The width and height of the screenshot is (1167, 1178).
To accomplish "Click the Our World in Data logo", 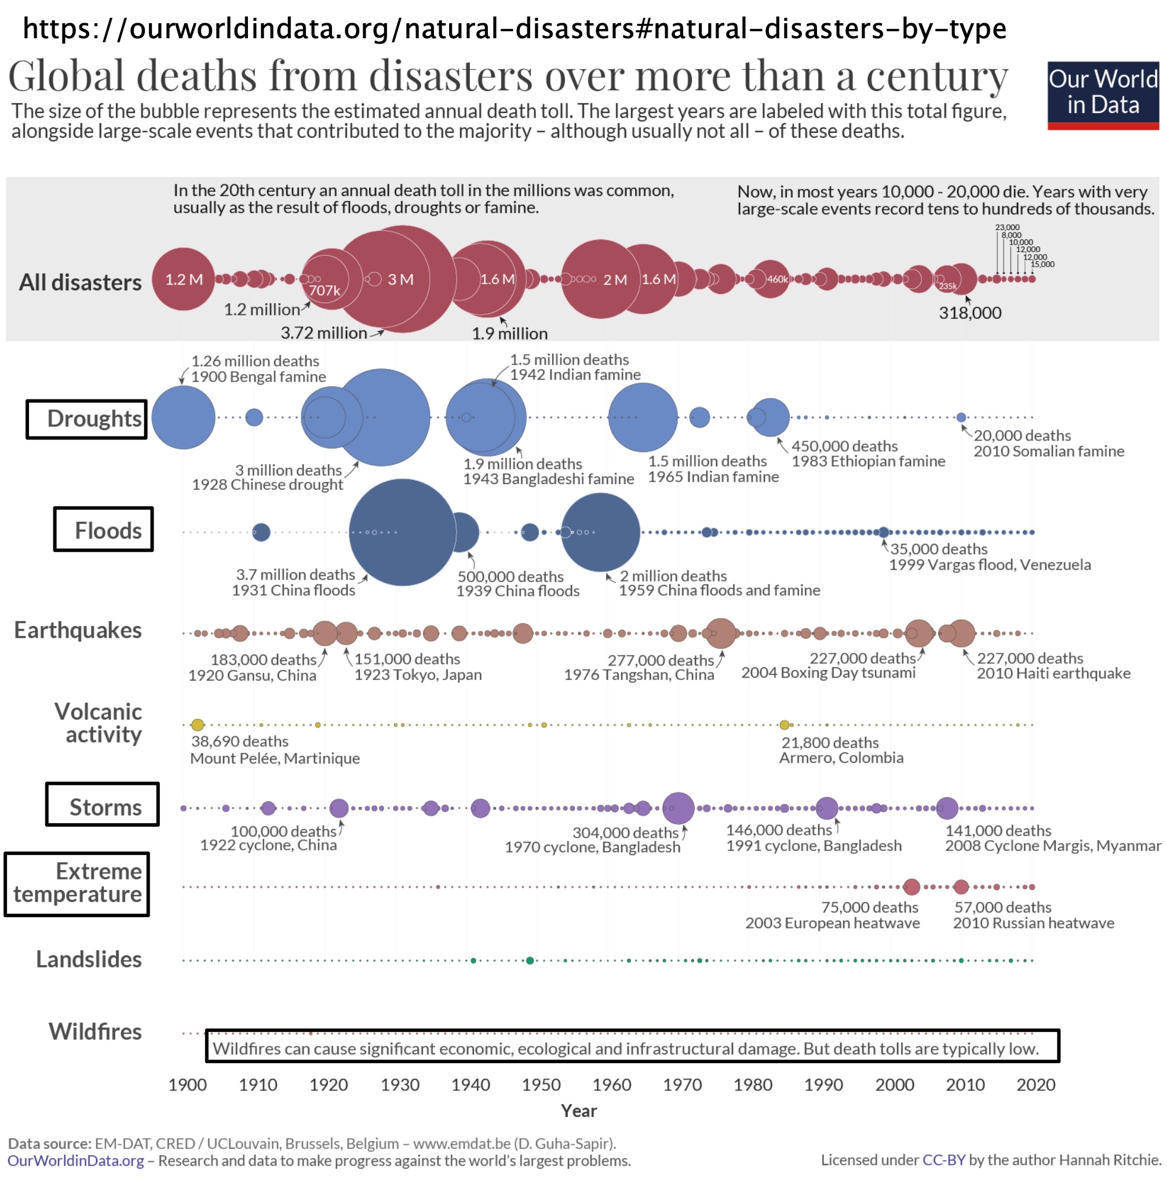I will coord(1103,94).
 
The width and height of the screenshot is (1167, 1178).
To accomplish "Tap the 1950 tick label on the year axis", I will coord(541,1085).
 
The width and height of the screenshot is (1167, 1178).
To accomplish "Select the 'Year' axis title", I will coord(578,1110).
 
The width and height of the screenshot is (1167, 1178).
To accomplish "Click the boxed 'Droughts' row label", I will coord(86,419).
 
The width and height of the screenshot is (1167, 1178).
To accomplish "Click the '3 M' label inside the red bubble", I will coord(400,279).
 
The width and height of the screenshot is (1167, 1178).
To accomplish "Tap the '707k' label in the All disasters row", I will coord(324,290).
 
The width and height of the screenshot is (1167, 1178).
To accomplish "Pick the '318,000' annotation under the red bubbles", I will coord(969,313).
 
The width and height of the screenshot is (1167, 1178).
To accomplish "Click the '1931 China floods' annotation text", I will coord(293,590).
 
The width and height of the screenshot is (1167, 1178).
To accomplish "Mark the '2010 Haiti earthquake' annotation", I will coord(1053,673).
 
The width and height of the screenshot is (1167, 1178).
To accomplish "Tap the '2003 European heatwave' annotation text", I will coord(832,922).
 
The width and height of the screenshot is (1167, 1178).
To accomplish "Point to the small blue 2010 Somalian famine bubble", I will coord(961,417).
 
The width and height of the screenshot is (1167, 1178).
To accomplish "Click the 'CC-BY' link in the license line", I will coord(943,1159).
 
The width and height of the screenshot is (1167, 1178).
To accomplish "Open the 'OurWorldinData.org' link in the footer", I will coord(76,1160).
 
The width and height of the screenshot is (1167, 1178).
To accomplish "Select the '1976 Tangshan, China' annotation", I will coord(639,674).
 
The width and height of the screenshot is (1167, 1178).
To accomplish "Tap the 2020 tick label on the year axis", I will coord(1035,1085).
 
